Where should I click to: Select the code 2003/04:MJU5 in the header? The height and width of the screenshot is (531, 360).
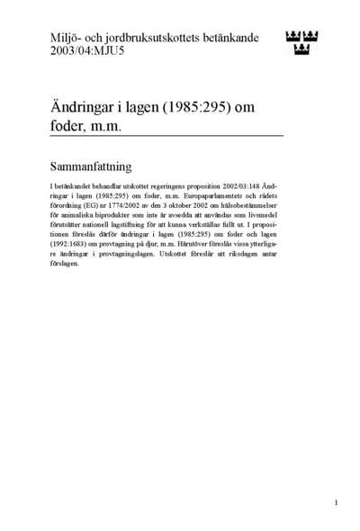(x=91, y=52)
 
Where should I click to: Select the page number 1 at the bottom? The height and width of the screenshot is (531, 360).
(x=336, y=501)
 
